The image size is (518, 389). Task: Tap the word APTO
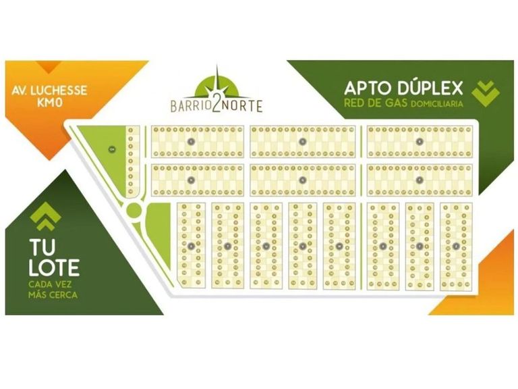(x=368, y=88)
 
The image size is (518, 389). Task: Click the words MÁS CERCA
(x=53, y=294)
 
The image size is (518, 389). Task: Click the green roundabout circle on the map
(x=135, y=210)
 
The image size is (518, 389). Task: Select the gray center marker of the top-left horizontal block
(x=192, y=141)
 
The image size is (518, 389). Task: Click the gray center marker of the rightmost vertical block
(x=456, y=246)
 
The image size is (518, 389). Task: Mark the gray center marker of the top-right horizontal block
(x=420, y=141)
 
